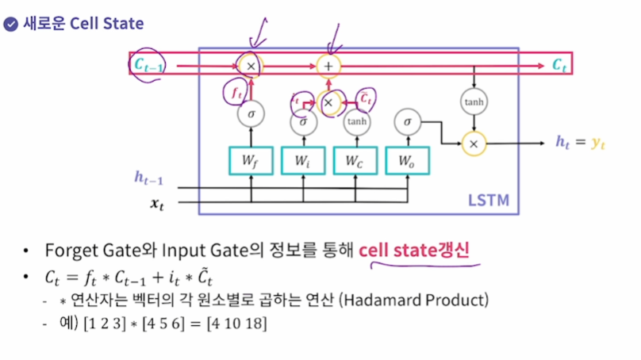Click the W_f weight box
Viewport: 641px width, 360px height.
click(x=251, y=161)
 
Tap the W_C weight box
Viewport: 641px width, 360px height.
click(x=356, y=161)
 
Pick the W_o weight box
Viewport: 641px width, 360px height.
click(x=408, y=161)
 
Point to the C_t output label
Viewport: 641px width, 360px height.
click(x=560, y=65)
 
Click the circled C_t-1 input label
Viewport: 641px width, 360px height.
click(x=150, y=67)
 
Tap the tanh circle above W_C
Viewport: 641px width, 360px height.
click(x=355, y=122)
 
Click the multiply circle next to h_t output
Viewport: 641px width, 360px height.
click(x=474, y=143)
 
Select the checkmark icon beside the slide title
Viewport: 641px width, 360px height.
click(x=10, y=23)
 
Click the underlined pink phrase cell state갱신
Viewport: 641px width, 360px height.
click(x=414, y=251)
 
